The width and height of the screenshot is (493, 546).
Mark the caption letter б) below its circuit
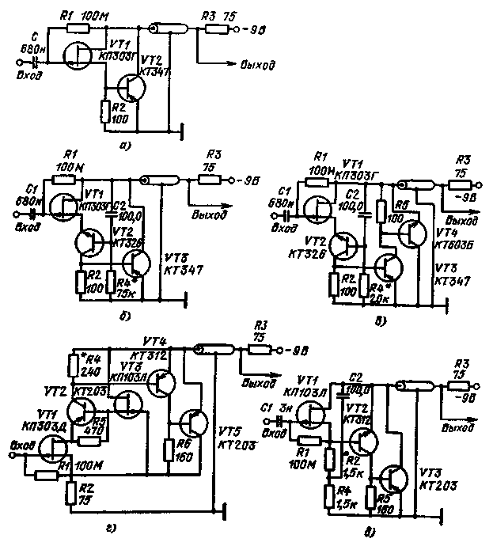pyautogui.click(x=127, y=317)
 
